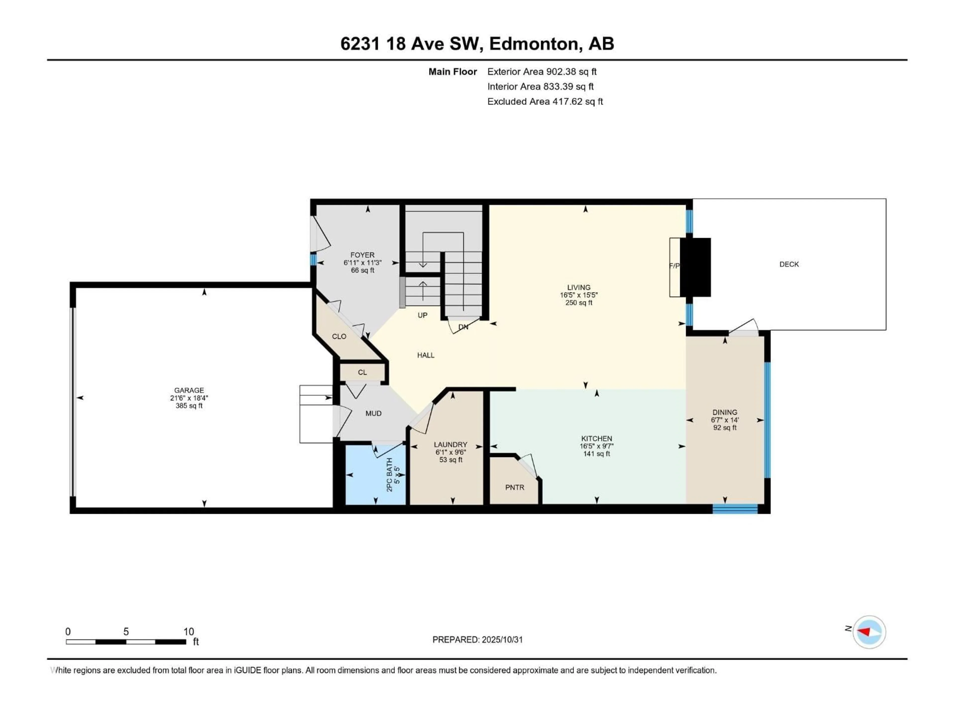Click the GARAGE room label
[x=189, y=390]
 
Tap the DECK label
[x=789, y=264]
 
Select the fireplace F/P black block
[x=695, y=267]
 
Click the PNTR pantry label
[x=515, y=487]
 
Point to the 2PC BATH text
[x=389, y=475]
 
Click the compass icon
[x=869, y=632]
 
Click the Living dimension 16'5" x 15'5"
[x=578, y=295]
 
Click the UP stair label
[x=422, y=315]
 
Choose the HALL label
[x=426, y=355]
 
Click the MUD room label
[x=374, y=414]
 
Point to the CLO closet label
[x=339, y=337]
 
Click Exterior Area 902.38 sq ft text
[x=542, y=72]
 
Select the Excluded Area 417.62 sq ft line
[x=545, y=102]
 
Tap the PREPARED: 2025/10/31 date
[x=477, y=640]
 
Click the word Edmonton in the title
[x=534, y=44]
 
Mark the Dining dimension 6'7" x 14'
[x=725, y=420]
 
